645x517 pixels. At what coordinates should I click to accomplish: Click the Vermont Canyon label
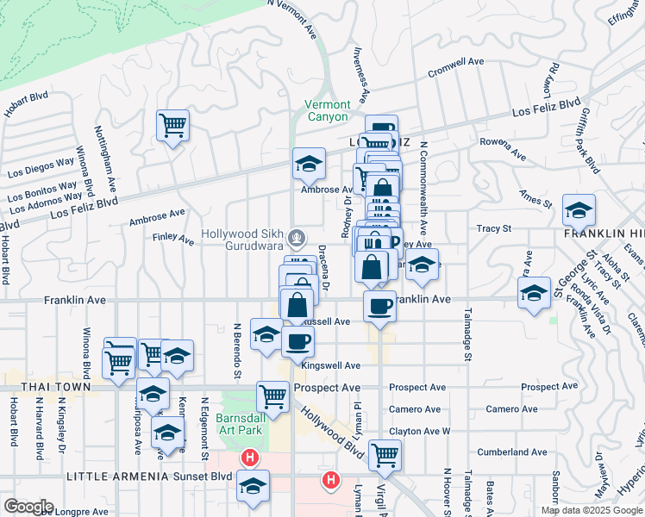[327, 111]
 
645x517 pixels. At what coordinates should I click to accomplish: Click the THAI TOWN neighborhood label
[35, 389]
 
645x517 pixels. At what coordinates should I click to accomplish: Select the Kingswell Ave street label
[331, 365]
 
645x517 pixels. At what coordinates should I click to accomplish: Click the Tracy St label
[495, 228]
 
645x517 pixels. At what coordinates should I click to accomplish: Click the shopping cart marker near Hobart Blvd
[173, 126]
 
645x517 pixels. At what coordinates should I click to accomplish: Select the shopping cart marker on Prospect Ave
[272, 397]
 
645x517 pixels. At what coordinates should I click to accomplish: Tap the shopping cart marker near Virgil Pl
[385, 454]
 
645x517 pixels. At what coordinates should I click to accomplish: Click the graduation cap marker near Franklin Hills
[579, 209]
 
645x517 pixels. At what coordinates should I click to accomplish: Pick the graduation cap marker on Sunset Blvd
[253, 486]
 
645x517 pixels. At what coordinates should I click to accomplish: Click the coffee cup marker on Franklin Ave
[379, 306]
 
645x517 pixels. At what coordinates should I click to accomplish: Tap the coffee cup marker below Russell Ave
[297, 341]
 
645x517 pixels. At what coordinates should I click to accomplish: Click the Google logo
[28, 507]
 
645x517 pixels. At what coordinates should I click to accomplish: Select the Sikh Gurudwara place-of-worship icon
[296, 235]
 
